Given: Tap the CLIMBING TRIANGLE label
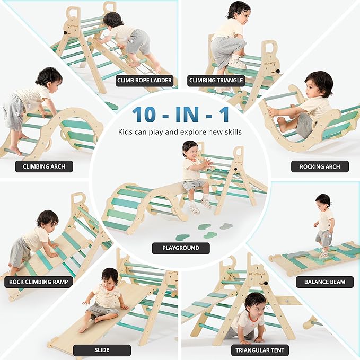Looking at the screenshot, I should coord(216,81).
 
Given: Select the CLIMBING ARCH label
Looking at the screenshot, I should coord(45,166).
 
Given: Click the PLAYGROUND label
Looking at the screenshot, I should coord(181,248).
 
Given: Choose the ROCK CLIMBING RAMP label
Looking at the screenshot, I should coord(38,282).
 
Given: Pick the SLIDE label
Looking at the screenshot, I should coord(102,350).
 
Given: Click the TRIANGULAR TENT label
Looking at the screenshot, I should coord(260,350).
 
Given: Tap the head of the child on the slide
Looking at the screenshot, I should coord(110,276).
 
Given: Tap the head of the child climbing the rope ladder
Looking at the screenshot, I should coord(113,20).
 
